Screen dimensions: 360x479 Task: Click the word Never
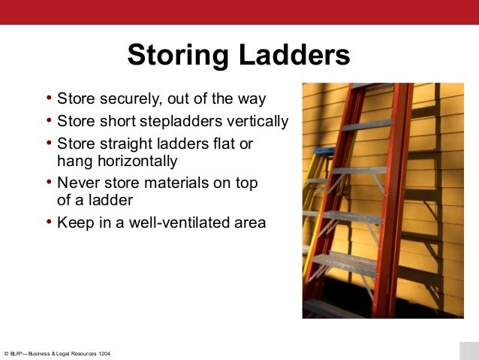coord(77,183)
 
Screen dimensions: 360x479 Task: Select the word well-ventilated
coord(164,222)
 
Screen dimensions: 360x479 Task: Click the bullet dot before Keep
coord(50,222)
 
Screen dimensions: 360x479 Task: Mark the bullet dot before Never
coord(50,182)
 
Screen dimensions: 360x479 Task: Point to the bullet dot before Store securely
coord(50,98)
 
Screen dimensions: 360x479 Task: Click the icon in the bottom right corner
coord(468,351)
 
